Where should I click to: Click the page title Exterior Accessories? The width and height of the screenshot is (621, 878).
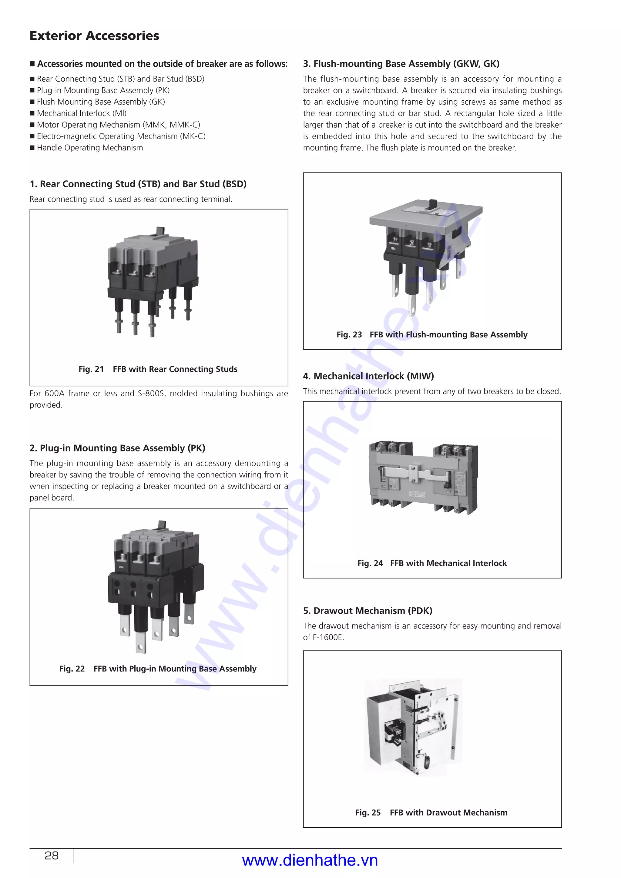94,35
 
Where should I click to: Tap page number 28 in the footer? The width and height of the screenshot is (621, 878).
52,856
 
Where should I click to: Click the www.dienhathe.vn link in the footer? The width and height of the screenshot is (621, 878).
310,860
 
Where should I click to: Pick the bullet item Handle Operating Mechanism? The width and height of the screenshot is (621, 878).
89,148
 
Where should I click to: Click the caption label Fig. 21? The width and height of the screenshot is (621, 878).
91,369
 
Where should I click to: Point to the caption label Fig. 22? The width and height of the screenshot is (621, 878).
72,669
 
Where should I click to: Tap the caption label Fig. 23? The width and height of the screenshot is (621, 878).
349,335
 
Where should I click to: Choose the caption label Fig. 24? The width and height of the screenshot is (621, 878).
370,563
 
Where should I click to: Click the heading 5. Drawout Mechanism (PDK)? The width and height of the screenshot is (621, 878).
368,611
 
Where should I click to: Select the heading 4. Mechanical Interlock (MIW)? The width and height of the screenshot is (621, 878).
368,376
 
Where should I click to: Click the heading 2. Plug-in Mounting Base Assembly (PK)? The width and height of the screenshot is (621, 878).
117,448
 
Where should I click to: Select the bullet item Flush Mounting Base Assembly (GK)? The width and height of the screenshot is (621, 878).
101,102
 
